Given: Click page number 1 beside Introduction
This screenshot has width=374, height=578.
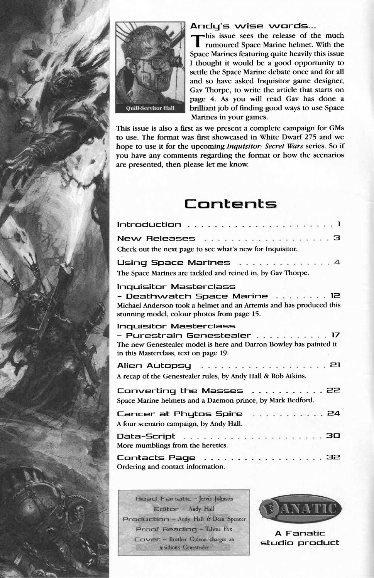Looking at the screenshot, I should coord(338,223).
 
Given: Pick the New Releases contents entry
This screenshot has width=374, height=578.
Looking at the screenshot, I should coord(156,239).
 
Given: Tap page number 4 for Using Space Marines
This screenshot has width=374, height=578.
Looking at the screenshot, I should coord(337,262).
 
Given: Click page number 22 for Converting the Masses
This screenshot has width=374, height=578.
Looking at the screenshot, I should coord(333,390).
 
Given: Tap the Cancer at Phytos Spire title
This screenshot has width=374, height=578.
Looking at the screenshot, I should coord(179,414).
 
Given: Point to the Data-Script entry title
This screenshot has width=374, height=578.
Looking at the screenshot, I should coord(146,436).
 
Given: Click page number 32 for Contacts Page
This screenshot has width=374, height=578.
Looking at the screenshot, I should coord(333,457).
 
